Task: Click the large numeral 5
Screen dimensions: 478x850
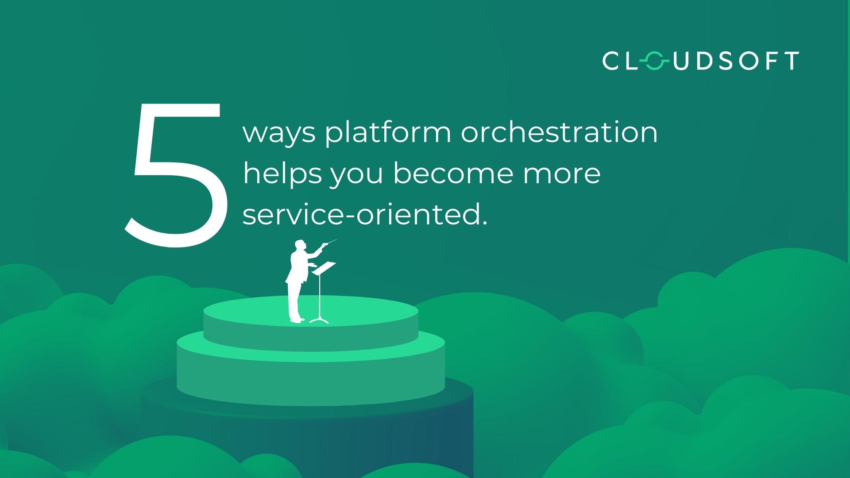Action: [177, 177]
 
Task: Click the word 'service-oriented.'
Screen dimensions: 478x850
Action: [365, 215]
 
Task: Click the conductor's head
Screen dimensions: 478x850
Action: [301, 246]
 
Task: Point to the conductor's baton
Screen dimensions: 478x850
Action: [330, 243]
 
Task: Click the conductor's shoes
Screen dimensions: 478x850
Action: [296, 320]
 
